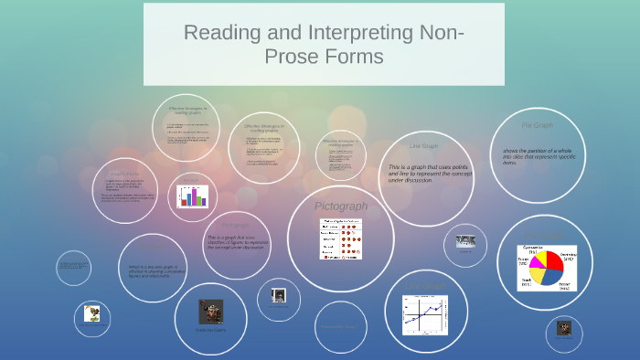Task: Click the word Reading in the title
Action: point(221,33)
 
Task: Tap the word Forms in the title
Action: point(351,57)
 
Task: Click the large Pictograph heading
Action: point(340,206)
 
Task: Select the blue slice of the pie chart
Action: point(552,277)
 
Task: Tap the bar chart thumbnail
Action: point(193,196)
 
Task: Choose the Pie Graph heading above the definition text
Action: point(537,125)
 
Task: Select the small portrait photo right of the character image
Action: point(280,296)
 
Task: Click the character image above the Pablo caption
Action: point(211,312)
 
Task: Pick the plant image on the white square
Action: point(91,313)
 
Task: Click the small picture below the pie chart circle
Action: point(562,328)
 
